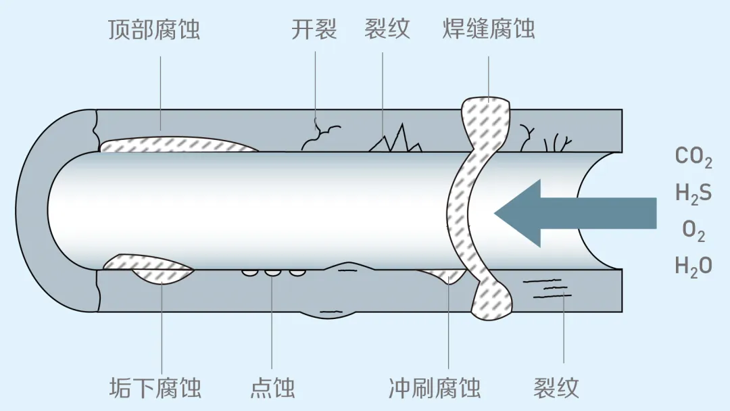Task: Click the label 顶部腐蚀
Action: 154,29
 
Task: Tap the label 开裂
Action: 314,29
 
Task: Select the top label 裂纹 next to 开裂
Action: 387,29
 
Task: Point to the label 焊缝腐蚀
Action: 489,29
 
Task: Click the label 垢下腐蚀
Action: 155,388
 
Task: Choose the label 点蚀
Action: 273,388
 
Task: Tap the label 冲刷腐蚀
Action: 435,388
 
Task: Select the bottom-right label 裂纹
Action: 556,388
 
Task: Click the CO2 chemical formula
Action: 693,158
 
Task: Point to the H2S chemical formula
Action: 693,193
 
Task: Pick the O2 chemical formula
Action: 693,231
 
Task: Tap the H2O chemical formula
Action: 693,267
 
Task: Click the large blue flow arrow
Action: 575,213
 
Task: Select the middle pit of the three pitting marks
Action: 273,272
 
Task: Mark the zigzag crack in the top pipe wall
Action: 395,138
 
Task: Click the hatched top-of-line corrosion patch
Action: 178,144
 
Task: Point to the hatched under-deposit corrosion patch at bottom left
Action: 149,268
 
